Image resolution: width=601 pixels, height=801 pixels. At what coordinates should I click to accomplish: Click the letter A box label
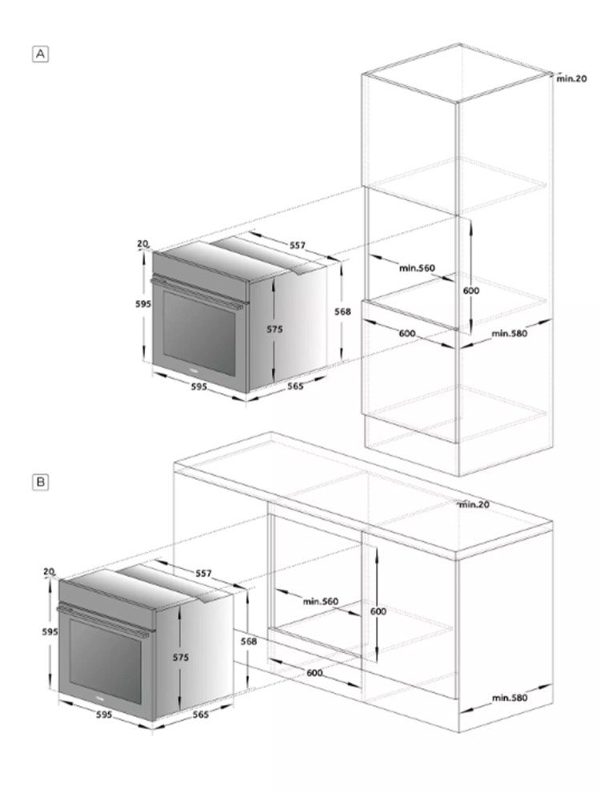(x=40, y=54)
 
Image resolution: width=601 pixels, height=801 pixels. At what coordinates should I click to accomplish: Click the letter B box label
(x=40, y=481)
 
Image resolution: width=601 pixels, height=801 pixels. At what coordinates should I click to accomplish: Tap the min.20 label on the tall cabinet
(x=571, y=78)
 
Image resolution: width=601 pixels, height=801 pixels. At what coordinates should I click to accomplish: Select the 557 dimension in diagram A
(x=297, y=245)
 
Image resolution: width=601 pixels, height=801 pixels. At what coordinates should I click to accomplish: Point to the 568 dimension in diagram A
(x=342, y=311)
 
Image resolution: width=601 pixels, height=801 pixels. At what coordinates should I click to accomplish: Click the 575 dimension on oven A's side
(x=274, y=329)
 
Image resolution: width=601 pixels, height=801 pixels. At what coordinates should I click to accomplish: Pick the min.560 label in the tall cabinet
(x=417, y=268)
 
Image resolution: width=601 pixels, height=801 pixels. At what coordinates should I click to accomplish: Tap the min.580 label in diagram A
(x=510, y=333)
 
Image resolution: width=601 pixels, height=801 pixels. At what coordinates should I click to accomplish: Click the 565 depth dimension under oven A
(x=295, y=386)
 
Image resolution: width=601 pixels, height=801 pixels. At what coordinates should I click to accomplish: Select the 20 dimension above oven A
(x=143, y=244)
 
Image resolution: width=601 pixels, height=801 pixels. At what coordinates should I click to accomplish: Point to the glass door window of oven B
(x=106, y=661)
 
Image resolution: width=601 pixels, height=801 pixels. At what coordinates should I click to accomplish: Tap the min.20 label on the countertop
(x=474, y=504)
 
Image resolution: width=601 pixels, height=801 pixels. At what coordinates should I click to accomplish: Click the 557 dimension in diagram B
(x=204, y=574)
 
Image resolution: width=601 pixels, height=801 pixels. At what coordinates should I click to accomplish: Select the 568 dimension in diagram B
(x=249, y=641)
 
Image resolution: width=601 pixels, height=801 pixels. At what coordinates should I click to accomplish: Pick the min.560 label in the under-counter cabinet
(x=321, y=602)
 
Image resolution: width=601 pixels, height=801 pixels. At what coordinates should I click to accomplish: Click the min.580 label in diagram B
(x=510, y=698)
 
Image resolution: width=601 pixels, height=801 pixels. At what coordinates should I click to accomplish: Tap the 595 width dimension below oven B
(x=103, y=714)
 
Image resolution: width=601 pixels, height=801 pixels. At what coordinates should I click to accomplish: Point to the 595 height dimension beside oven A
(x=143, y=304)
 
